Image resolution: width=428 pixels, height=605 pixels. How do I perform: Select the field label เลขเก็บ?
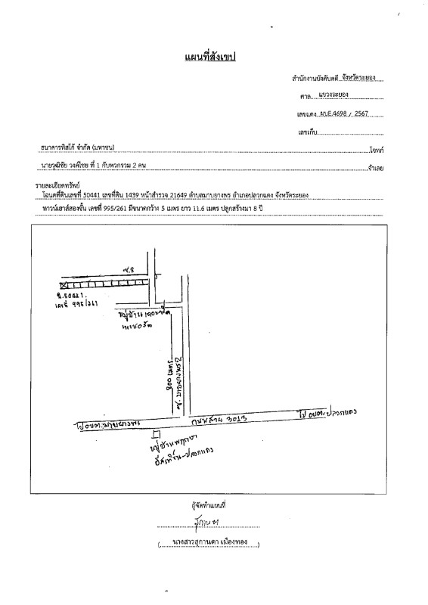click(x=308, y=132)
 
